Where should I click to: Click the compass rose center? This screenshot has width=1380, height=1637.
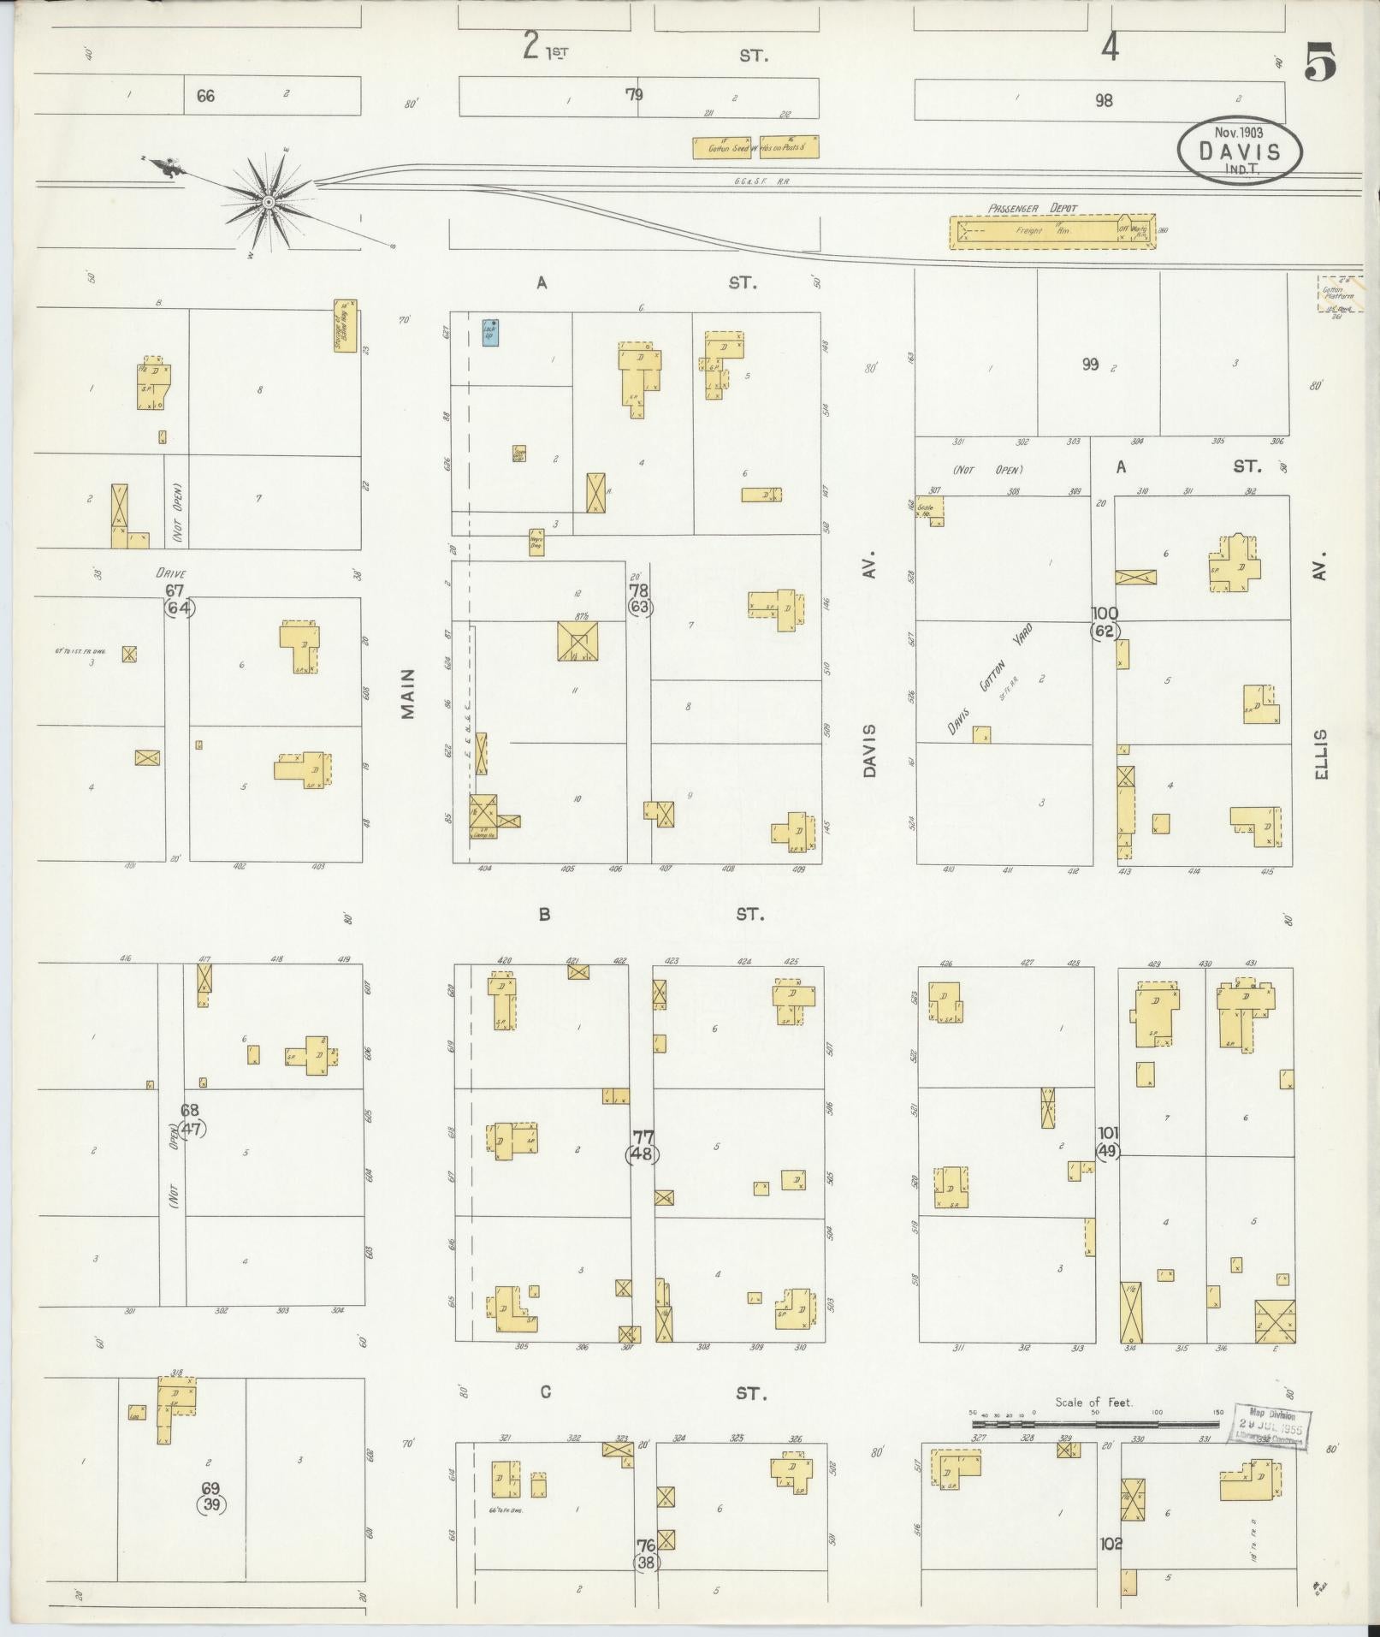[x=268, y=202]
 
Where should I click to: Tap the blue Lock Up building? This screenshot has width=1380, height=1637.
[x=490, y=332]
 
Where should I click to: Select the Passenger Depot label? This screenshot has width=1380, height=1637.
[x=1033, y=208]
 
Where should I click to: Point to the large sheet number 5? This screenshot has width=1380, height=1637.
[x=1320, y=62]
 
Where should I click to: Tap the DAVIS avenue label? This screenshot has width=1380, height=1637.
[x=870, y=750]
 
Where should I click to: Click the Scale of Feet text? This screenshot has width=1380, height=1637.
[x=1093, y=1402]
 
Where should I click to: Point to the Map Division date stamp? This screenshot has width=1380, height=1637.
[x=1270, y=1426]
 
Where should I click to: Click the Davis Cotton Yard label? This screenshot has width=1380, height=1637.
[x=990, y=679]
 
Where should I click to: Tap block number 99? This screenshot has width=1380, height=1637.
[x=1090, y=365]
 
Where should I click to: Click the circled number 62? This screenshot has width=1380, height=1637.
[x=1105, y=632]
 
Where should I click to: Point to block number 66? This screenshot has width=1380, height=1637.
[x=205, y=96]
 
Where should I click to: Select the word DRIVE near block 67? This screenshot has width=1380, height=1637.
[x=171, y=572]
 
